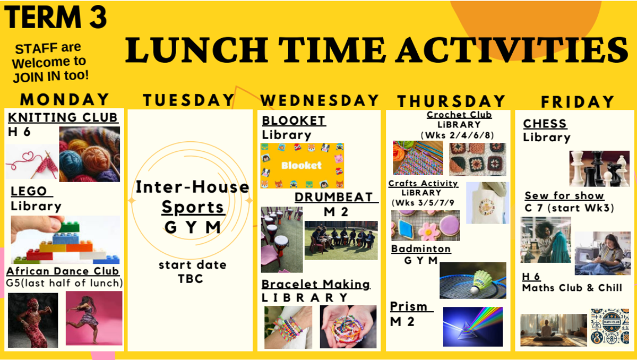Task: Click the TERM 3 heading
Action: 55,17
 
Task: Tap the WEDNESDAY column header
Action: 320,100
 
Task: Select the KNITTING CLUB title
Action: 63,117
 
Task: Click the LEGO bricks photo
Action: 65,239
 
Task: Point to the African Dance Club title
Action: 63,271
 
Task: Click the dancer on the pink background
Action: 94,318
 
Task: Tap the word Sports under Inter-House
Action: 193,207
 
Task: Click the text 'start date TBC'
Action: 192,271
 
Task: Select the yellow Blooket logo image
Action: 302,166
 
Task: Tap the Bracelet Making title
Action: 316,284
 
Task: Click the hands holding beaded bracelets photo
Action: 348,327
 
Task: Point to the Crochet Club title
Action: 459,115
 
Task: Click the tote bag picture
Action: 488,203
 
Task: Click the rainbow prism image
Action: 473,327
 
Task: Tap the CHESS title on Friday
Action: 545,124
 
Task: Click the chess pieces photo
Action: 599,168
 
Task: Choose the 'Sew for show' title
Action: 564,195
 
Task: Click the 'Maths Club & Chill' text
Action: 572,288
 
